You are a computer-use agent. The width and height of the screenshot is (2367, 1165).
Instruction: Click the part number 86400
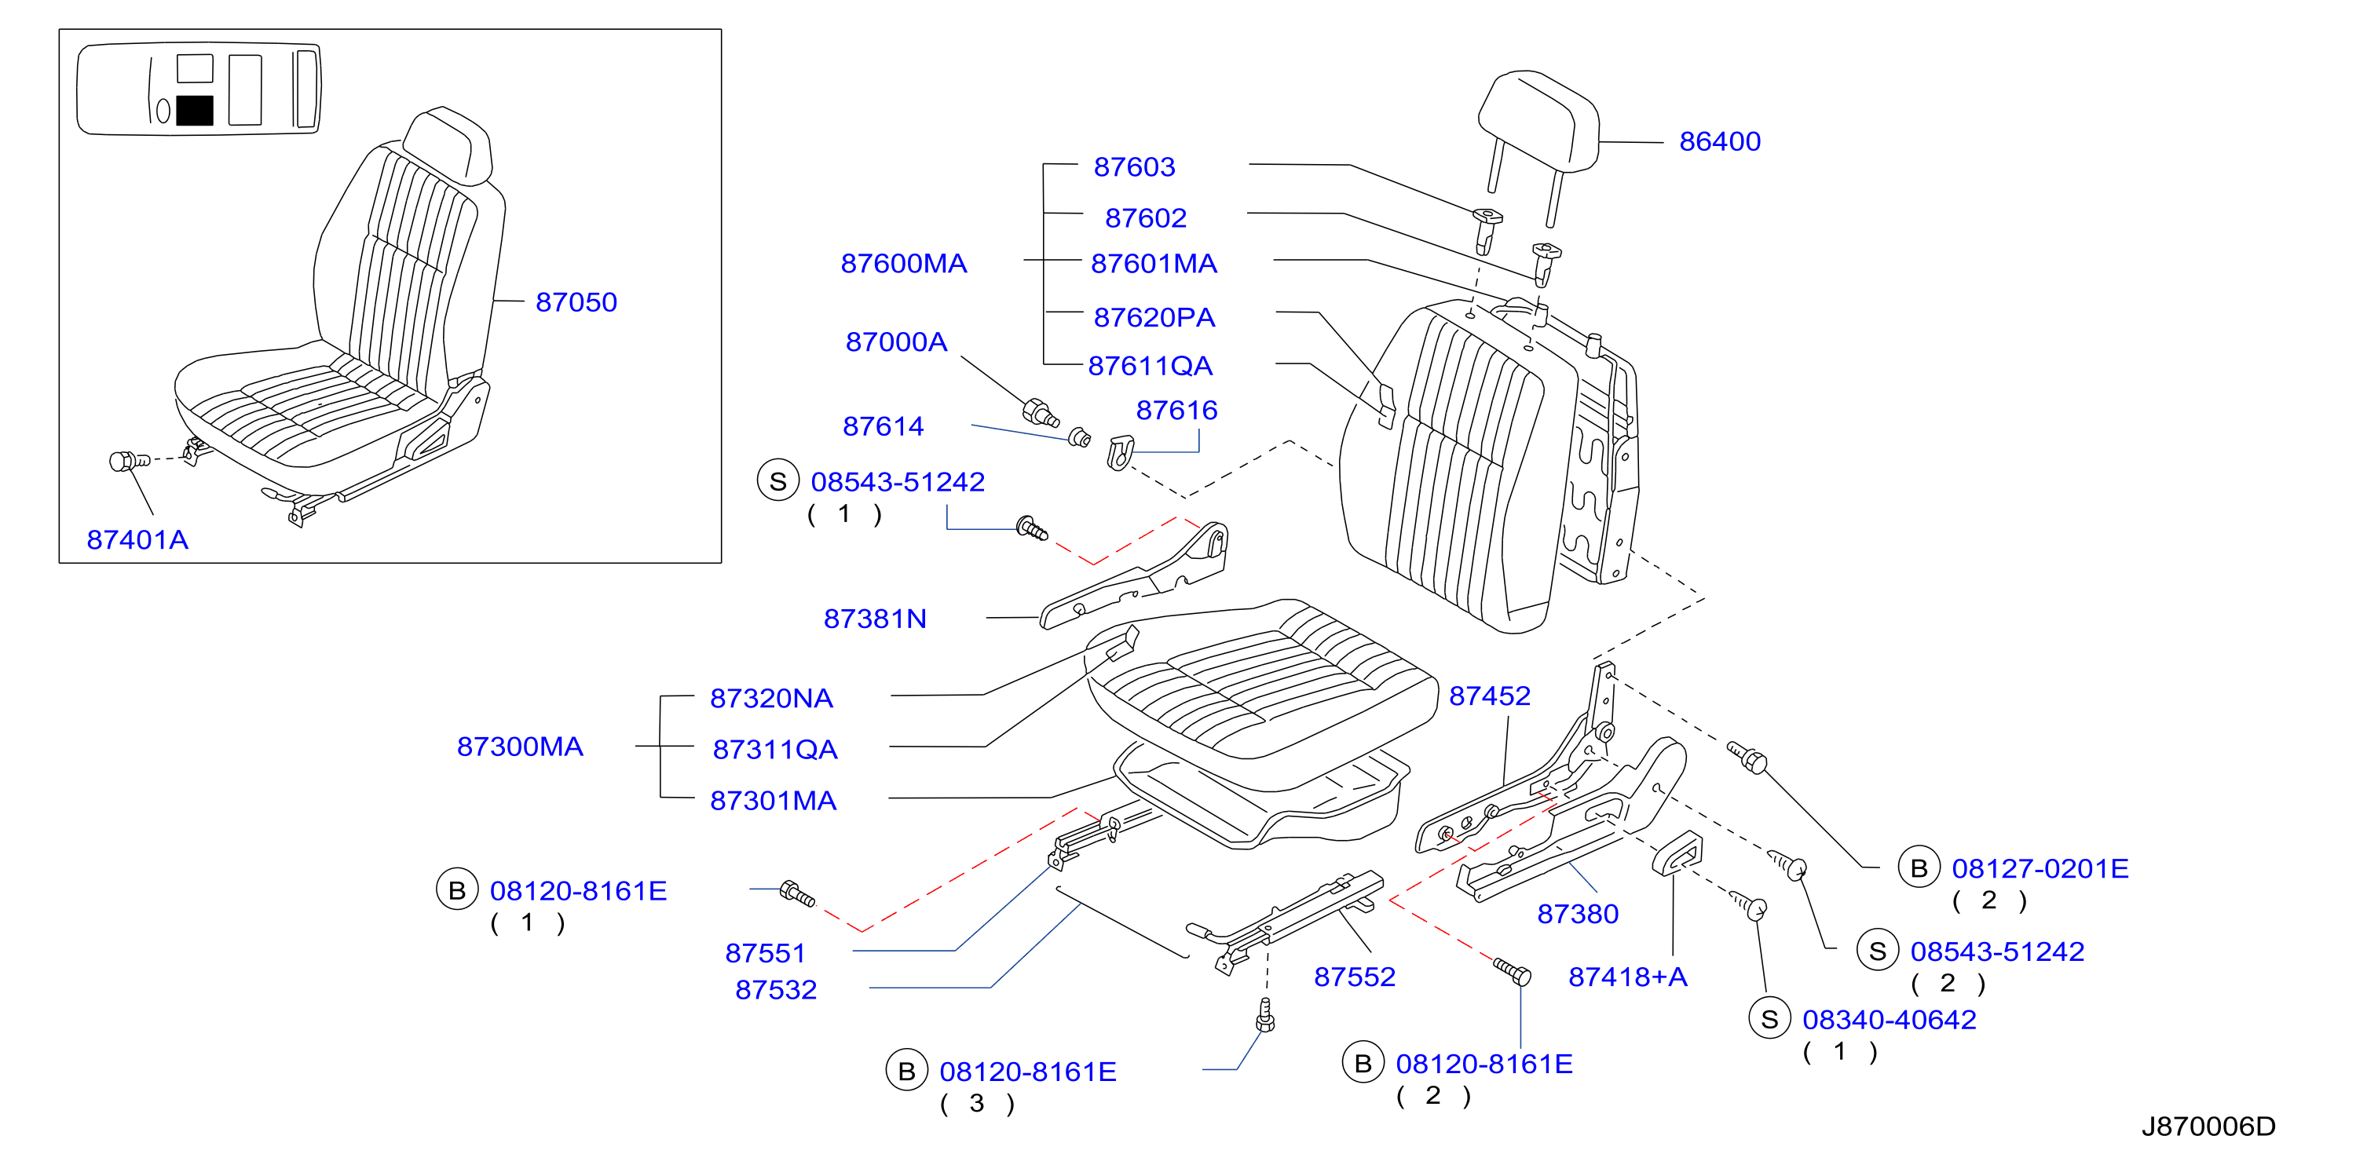1719,141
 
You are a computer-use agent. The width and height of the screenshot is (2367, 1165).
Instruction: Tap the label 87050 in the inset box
576,302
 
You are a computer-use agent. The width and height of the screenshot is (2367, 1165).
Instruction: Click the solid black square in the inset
194,110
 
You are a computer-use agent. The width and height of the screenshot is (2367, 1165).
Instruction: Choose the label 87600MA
903,264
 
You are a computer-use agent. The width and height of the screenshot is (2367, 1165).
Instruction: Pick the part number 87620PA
1154,317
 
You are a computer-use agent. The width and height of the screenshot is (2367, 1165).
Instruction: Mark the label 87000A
896,341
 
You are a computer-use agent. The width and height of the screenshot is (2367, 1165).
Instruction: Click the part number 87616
1176,410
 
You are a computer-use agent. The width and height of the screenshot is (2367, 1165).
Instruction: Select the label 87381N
875,619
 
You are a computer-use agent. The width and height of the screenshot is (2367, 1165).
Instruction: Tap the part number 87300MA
520,746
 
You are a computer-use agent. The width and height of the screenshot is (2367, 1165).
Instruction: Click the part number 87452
1490,696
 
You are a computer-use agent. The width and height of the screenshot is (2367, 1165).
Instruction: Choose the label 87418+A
1627,977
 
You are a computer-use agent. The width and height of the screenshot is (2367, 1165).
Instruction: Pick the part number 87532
776,989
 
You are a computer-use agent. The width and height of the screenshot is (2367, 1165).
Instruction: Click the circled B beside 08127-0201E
1919,868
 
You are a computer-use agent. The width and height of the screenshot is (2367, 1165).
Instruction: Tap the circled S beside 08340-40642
1769,1019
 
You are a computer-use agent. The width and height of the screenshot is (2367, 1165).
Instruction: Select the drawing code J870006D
2208,1127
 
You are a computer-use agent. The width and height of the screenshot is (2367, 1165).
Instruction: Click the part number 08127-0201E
2040,868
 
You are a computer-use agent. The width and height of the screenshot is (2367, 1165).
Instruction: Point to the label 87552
1355,977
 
